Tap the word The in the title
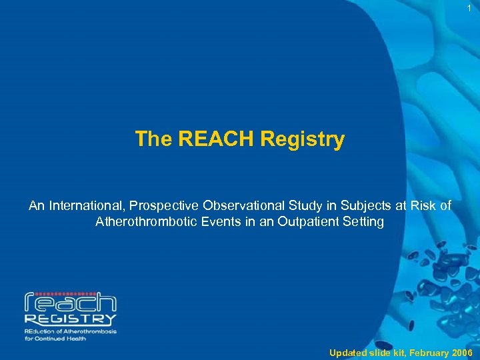[153, 139]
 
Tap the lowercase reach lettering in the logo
[70, 303]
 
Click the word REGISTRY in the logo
[70, 320]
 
